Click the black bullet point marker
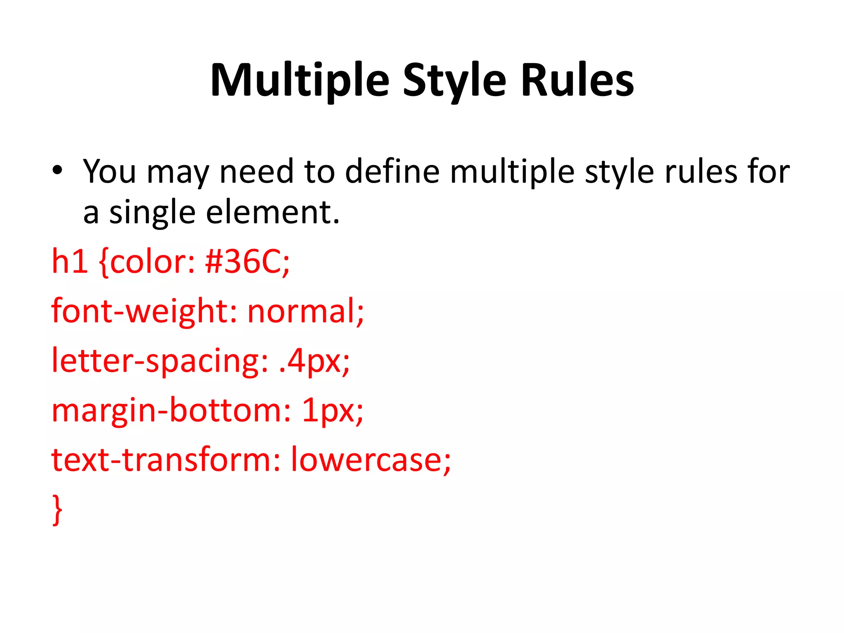click(57, 170)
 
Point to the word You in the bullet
click(109, 171)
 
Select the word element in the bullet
click(272, 213)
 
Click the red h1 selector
click(69, 262)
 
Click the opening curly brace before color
click(104, 263)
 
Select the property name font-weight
click(139, 312)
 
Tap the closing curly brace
click(57, 510)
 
